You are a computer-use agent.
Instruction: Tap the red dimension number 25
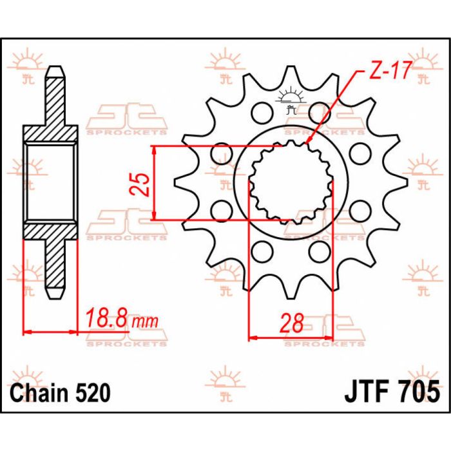coord(142,184)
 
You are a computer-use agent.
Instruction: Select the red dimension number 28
coord(292,323)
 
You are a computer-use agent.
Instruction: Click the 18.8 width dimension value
coord(107,319)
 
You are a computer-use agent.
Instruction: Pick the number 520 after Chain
coord(93,392)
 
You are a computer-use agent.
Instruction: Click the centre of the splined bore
coord(291,183)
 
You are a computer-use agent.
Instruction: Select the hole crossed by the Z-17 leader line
coord(318,114)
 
